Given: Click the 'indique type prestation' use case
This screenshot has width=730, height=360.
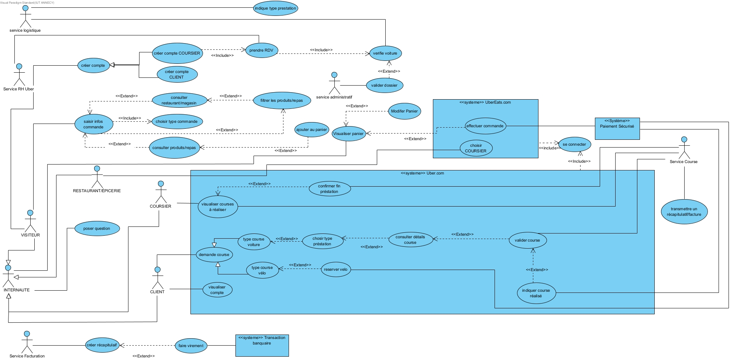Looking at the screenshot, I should tap(275, 8).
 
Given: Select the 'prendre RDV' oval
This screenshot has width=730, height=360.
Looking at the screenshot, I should tap(261, 51).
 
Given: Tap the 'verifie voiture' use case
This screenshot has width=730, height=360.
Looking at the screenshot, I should tap(385, 53).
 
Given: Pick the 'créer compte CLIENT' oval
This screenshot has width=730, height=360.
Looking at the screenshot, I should tap(177, 75).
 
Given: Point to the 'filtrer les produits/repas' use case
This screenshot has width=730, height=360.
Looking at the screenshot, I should tap(282, 101).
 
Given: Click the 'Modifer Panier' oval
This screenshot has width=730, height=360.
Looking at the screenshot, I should tap(404, 111).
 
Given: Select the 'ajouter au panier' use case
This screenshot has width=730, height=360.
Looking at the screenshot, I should tap(311, 130).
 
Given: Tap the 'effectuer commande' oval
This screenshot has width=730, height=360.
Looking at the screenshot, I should tap(485, 126).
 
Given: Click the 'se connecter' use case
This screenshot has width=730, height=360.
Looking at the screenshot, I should tap(574, 145).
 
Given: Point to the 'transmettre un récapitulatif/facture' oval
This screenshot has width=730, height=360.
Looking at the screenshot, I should tap(684, 212).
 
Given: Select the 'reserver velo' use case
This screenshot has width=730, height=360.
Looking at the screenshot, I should tap(335, 270).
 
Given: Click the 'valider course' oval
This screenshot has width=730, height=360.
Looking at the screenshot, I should tap(527, 240).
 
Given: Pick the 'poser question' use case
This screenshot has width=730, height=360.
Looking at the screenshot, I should tap(97, 229).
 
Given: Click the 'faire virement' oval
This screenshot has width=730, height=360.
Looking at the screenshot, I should tap(191, 346).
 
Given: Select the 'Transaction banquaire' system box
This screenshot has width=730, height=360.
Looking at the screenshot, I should tap(262, 346).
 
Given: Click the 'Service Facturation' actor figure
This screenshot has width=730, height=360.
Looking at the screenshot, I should tap(27, 342).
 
